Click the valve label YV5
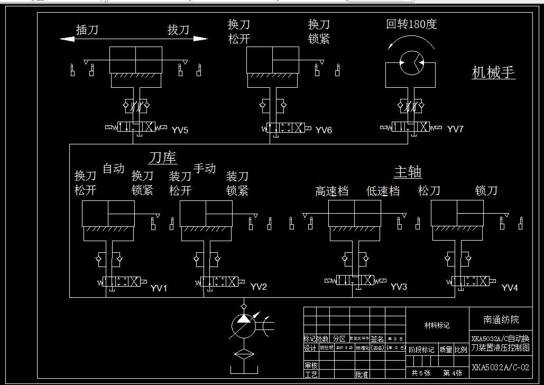(x=180, y=130)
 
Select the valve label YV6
(x=324, y=130)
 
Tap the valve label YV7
(x=455, y=129)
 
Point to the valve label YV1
(x=159, y=288)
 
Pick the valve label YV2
(x=259, y=287)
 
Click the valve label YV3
(x=399, y=287)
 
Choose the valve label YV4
(x=510, y=288)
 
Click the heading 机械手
(x=493, y=72)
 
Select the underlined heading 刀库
(x=162, y=158)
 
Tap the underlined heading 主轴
(x=408, y=172)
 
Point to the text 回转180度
(x=411, y=24)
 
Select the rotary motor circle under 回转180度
(x=410, y=63)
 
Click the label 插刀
(x=87, y=30)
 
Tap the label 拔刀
(x=178, y=30)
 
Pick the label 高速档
(x=331, y=191)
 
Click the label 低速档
(x=383, y=191)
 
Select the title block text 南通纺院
(x=501, y=319)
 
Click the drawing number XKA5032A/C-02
(x=500, y=367)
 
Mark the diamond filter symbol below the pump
(x=243, y=355)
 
